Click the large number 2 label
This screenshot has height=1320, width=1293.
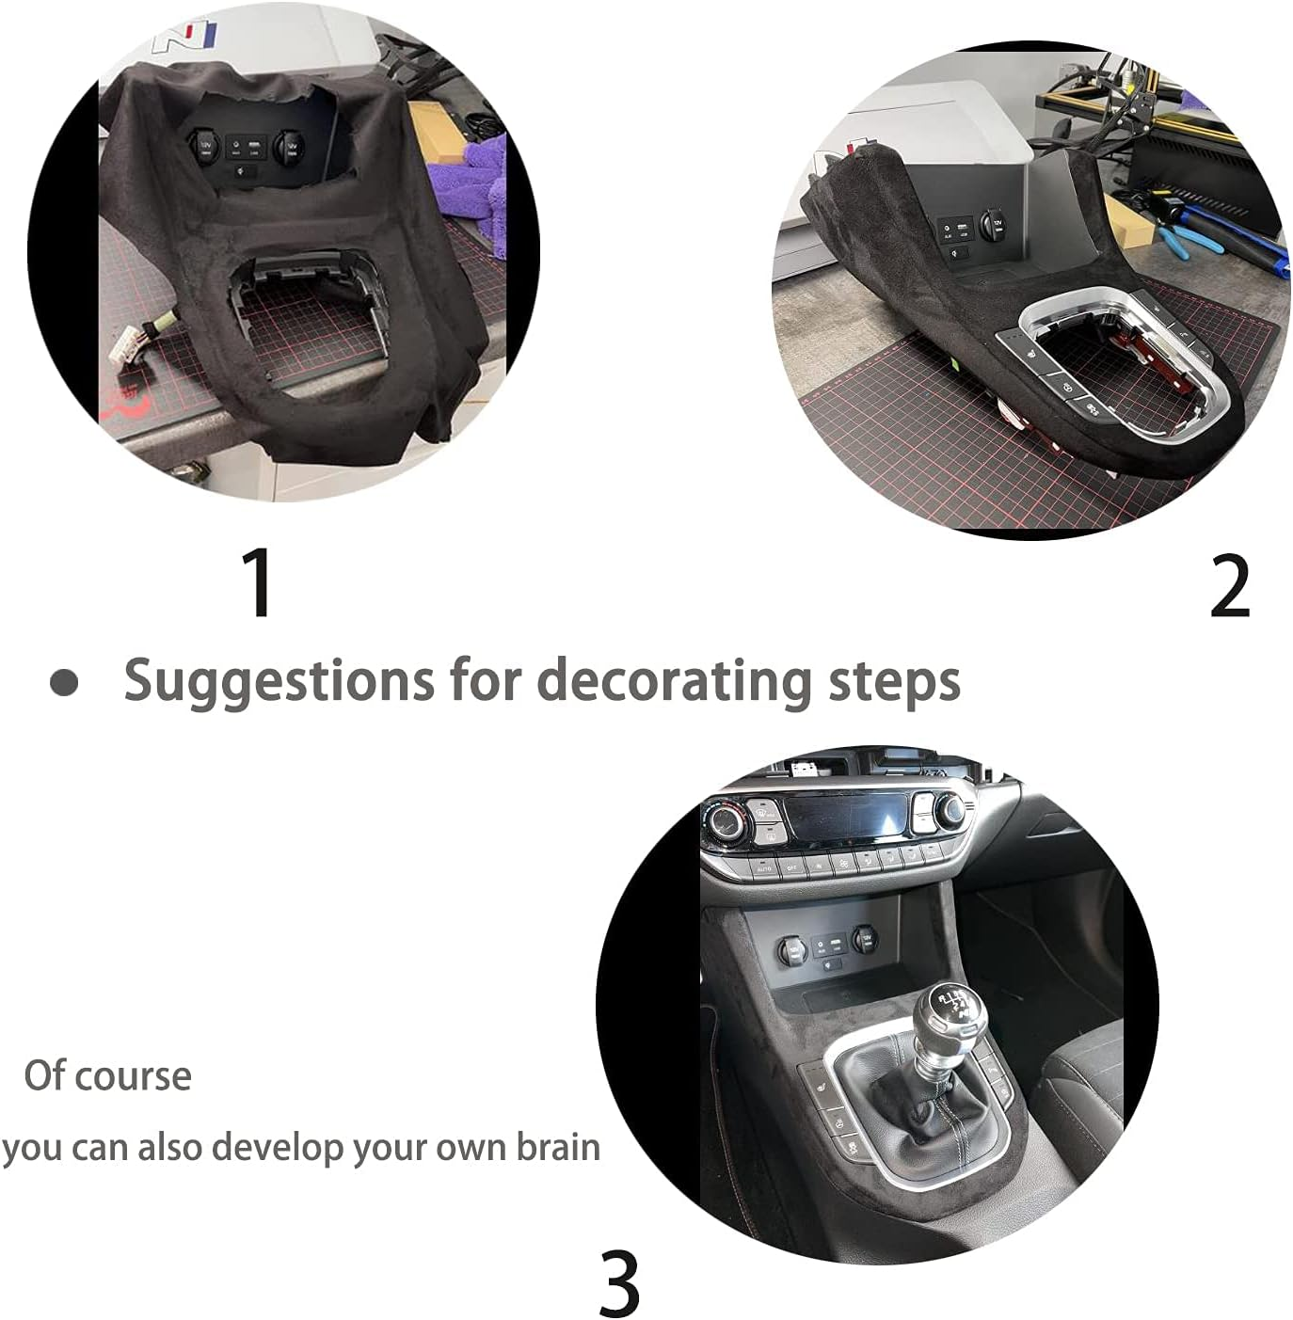coord(1230,586)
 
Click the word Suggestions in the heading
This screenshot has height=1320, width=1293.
coord(279,680)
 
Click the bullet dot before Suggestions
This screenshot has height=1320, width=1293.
coord(64,683)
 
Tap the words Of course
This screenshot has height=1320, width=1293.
coord(107,1075)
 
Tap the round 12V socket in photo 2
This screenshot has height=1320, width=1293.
coord(995,225)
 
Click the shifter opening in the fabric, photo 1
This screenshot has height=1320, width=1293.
coord(301,325)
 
